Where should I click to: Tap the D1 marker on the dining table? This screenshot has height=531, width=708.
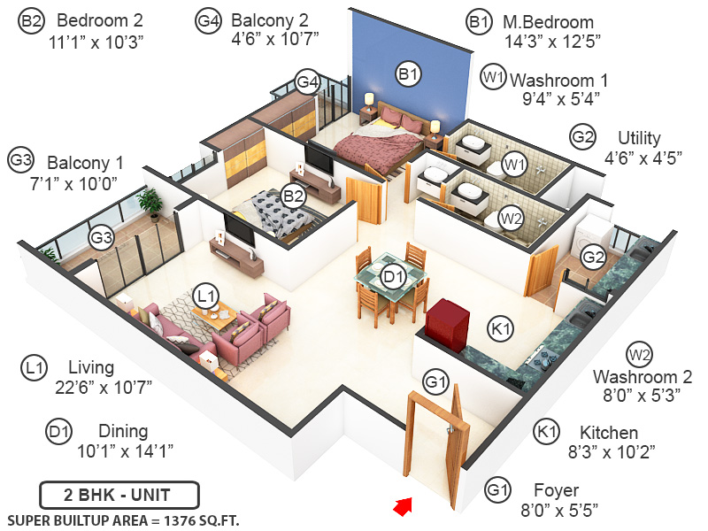pyautogui.click(x=393, y=277)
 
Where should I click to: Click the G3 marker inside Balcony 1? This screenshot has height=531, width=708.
pyautogui.click(x=101, y=237)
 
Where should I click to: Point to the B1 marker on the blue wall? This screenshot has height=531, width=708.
pyautogui.click(x=407, y=75)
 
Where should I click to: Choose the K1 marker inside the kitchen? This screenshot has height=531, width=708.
pyautogui.click(x=501, y=329)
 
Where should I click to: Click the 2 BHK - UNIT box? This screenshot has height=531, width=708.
pyautogui.click(x=119, y=494)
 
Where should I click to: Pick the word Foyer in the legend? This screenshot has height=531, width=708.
pyautogui.click(x=556, y=490)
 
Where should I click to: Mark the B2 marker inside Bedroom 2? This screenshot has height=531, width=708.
pyautogui.click(x=293, y=195)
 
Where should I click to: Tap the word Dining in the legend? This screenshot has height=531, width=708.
pyautogui.click(x=123, y=432)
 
